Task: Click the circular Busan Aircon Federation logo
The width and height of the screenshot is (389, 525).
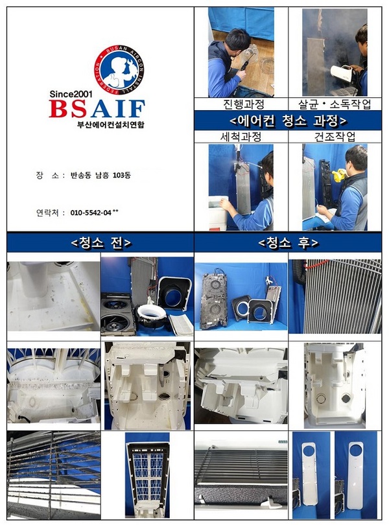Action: point(119,70)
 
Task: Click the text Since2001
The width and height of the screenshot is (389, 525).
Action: point(71,94)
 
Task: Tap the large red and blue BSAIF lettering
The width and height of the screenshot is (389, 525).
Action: point(97,108)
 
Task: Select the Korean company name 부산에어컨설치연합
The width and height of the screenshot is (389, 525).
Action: point(111,125)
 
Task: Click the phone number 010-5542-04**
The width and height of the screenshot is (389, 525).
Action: point(94,213)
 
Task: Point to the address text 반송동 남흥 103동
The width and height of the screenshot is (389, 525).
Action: point(100,175)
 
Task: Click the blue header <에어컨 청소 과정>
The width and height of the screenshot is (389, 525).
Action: point(288,121)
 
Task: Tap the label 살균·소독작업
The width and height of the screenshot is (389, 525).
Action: point(335,104)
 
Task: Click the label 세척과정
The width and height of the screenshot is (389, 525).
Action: point(241,137)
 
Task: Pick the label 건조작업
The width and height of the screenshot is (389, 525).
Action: point(335,137)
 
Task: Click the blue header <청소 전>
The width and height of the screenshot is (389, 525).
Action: point(101,243)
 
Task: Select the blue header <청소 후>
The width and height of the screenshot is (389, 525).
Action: point(288,243)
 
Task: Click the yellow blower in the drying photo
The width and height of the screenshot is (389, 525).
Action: point(340,176)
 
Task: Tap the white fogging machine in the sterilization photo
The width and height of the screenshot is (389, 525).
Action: point(342,74)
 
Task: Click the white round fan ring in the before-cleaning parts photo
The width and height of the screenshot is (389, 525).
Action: point(152,314)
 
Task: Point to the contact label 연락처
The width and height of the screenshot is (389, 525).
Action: point(47,213)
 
